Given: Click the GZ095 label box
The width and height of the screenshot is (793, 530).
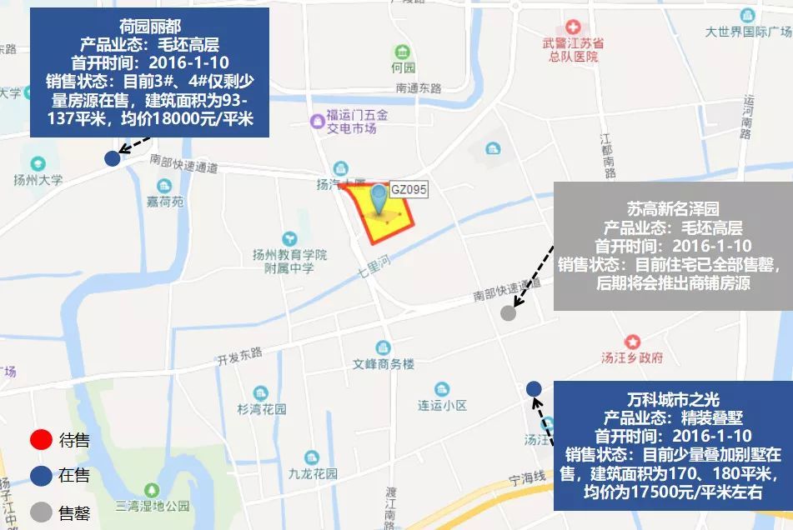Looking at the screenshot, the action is point(409,190).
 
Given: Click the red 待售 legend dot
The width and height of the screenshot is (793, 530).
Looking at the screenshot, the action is point(40,440).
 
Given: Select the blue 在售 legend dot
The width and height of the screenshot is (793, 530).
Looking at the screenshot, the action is point(40,476).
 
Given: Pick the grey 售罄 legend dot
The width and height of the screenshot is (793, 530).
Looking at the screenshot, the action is point(40,512).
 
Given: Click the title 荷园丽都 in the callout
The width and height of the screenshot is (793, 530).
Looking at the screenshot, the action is point(149,26).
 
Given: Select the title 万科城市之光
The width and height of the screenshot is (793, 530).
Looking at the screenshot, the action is point(673,397).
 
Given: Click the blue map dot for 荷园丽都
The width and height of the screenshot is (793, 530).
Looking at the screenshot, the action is point(112,158).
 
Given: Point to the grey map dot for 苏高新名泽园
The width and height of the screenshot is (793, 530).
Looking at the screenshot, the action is point(508,313).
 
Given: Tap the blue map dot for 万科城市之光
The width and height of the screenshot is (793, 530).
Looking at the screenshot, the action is point(534,388).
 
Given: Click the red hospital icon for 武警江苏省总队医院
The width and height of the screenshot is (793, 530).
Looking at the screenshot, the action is point(572,28).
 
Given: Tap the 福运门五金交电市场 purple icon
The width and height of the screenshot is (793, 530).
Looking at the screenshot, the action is point(317,122).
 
